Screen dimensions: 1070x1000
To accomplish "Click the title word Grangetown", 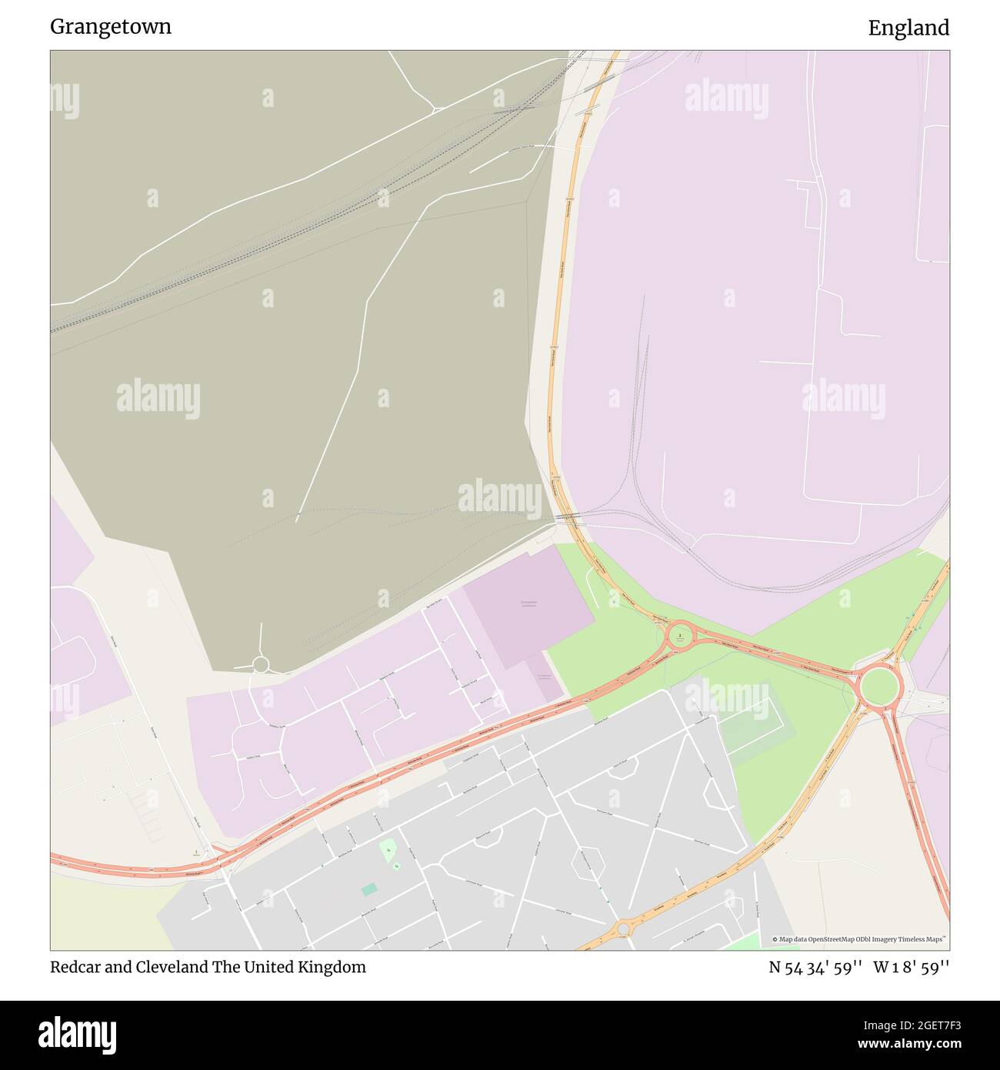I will pyautogui.click(x=111, y=27).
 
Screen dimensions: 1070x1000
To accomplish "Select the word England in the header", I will pyautogui.click(x=908, y=28).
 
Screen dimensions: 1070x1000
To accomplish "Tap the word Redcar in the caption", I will pyautogui.click(x=75, y=967).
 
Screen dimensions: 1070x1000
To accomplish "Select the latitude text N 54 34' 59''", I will pyautogui.click(x=815, y=968).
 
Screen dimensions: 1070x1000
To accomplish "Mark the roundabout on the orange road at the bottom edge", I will pyautogui.click(x=623, y=929).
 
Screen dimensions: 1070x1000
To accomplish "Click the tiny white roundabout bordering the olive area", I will pyautogui.click(x=261, y=664).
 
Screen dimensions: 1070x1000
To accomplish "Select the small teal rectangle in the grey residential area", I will pyautogui.click(x=370, y=890).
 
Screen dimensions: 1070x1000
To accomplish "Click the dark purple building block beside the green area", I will pyautogui.click(x=528, y=606).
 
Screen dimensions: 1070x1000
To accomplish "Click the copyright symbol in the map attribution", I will pyautogui.click(x=775, y=939).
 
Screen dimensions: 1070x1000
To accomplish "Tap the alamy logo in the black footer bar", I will pyautogui.click(x=77, y=1034).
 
